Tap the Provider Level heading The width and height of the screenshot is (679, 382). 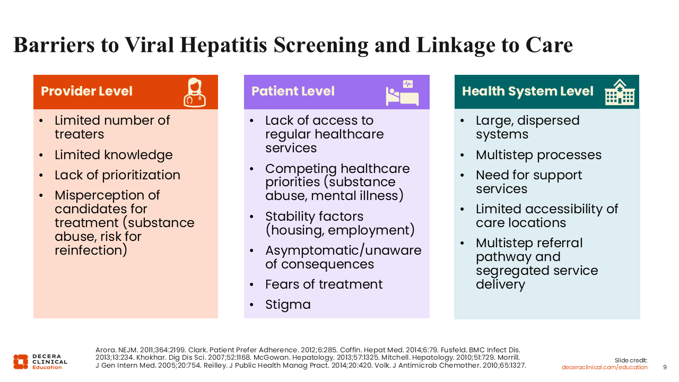[x=86, y=91]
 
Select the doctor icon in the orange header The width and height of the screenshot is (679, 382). [x=194, y=92]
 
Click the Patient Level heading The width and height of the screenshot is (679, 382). [x=293, y=91]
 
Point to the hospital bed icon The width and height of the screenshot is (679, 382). [x=402, y=93]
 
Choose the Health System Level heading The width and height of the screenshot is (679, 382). [x=527, y=91]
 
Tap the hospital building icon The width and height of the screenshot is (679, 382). [x=620, y=92]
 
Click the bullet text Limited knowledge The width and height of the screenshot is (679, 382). [x=114, y=155]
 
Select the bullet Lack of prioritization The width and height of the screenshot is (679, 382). [x=117, y=175]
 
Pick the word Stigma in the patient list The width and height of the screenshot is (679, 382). [x=288, y=305]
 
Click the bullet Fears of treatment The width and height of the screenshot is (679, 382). [x=324, y=284]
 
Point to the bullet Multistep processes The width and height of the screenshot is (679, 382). [x=538, y=155]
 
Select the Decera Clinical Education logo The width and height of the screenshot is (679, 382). [x=40, y=362]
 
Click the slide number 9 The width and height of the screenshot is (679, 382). [x=665, y=367]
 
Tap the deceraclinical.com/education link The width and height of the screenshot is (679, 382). [x=605, y=367]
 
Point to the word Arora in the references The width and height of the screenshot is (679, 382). [x=105, y=350]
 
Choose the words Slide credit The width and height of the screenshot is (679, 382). [x=631, y=360]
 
